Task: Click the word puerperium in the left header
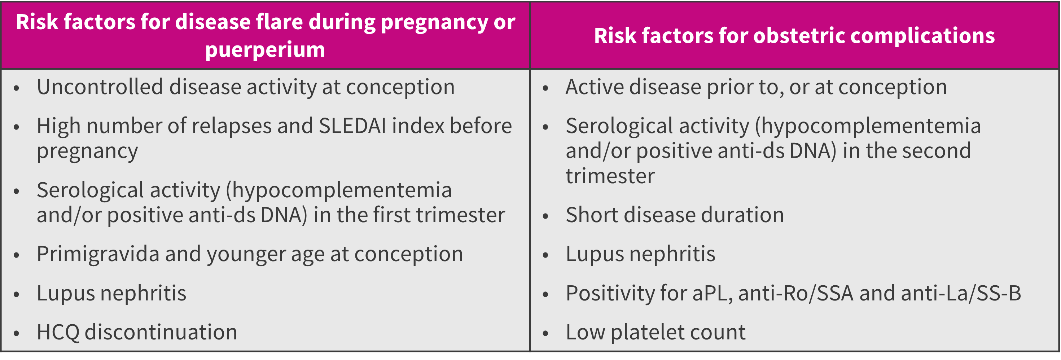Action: [x=265, y=50]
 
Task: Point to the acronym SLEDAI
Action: [x=352, y=126]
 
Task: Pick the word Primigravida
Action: [x=98, y=255]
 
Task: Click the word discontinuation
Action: [x=161, y=332]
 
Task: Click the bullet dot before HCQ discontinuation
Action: [x=17, y=333]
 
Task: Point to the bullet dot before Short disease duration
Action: [x=545, y=216]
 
